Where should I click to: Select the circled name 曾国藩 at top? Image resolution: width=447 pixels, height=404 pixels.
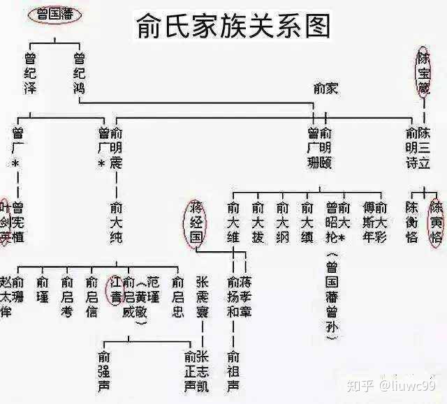pyautogui.click(x=53, y=13)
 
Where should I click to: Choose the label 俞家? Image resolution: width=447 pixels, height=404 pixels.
pyautogui.click(x=325, y=88)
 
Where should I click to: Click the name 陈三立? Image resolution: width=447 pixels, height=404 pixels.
pyautogui.click(x=424, y=149)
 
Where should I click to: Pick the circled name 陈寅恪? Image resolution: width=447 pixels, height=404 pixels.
pyautogui.click(x=437, y=222)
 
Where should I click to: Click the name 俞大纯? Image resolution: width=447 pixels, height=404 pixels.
pyautogui.click(x=117, y=223)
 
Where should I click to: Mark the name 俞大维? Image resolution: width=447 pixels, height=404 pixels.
pyautogui.click(x=233, y=223)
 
